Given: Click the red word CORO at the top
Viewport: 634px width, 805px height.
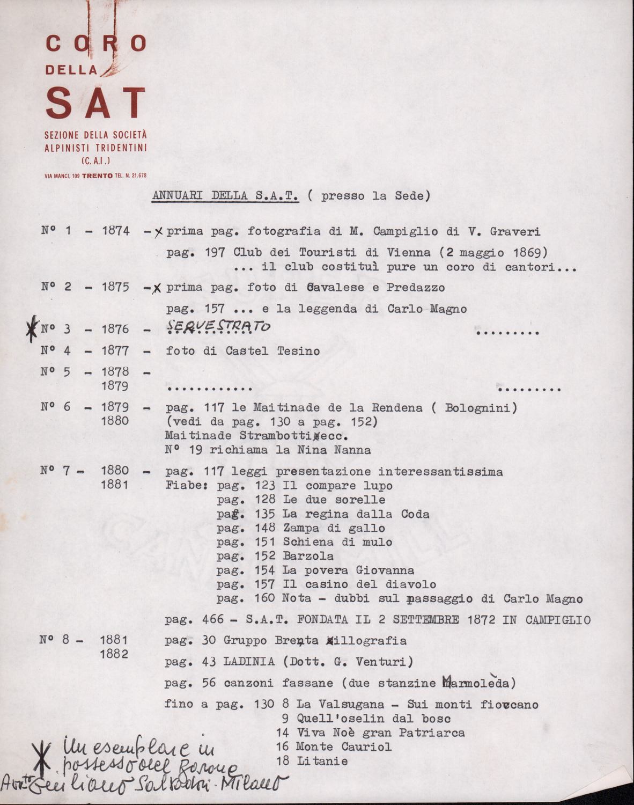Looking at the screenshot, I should click(x=96, y=44).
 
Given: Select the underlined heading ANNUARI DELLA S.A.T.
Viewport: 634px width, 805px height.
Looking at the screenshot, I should click(x=225, y=196).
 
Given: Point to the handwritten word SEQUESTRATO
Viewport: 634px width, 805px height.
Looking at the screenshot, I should click(x=218, y=326).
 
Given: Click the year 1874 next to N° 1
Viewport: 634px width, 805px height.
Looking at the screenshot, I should click(x=115, y=231).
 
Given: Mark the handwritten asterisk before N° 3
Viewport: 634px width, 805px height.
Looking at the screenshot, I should click(x=33, y=328).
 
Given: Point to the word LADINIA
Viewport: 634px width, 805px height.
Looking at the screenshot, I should click(x=249, y=662).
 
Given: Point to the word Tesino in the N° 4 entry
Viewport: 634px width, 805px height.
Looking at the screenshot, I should click(x=298, y=352).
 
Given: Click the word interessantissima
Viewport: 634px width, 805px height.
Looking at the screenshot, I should click(x=440, y=472).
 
